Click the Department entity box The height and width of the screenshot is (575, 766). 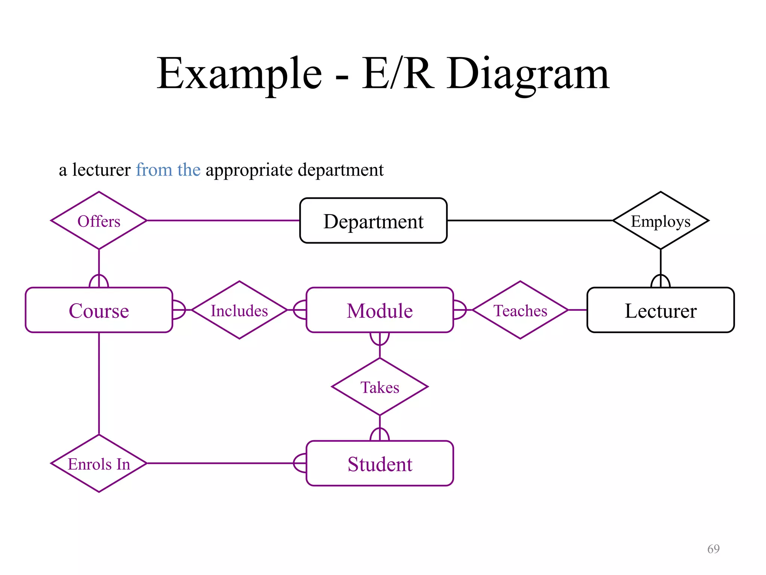coord(373,221)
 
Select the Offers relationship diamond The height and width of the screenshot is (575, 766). coord(99,221)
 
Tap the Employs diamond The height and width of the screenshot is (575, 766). coord(661,221)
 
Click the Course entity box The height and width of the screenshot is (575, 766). coord(99,310)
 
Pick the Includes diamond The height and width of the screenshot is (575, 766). coord(239,310)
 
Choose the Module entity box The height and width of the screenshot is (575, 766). coord(380,310)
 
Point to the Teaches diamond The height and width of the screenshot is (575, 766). coord(520,310)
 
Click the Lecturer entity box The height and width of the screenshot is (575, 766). coord(661,310)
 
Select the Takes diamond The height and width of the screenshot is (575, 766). coord(380,387)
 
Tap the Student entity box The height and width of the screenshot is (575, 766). coord(380,464)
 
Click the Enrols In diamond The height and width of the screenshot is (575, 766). coord(99,464)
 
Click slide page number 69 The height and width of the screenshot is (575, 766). coord(713,549)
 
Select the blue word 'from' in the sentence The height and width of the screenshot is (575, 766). coord(154,170)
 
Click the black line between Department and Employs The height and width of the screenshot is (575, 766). coord(529,220)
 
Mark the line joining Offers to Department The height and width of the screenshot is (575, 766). coord(223,220)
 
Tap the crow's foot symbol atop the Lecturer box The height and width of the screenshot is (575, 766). coord(661,281)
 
